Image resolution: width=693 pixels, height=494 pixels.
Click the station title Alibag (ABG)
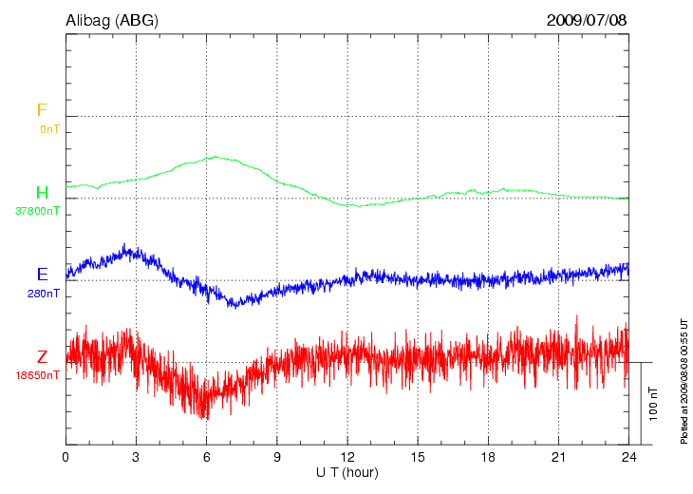[x=112, y=19]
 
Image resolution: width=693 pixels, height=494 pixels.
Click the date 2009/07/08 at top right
[x=587, y=19]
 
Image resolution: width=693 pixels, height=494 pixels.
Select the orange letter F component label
[x=42, y=111]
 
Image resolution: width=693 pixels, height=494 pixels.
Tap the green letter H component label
[x=42, y=193]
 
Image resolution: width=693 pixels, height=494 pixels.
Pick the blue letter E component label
[x=42, y=275]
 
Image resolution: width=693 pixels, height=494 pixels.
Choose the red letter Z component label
[x=42, y=357]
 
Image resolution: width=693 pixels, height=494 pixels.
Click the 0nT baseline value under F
[x=48, y=128]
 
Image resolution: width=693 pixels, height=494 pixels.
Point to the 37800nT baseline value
[x=37, y=211]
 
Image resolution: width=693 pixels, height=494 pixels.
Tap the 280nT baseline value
[x=44, y=294]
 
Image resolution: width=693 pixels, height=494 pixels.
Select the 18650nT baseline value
[x=37, y=375]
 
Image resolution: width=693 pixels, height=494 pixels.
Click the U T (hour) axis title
[x=347, y=472]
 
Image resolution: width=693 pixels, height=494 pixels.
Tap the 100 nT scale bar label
[x=653, y=404]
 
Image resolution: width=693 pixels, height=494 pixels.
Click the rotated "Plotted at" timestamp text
[x=684, y=381]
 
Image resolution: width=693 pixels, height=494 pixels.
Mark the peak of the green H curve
[x=216, y=157]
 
